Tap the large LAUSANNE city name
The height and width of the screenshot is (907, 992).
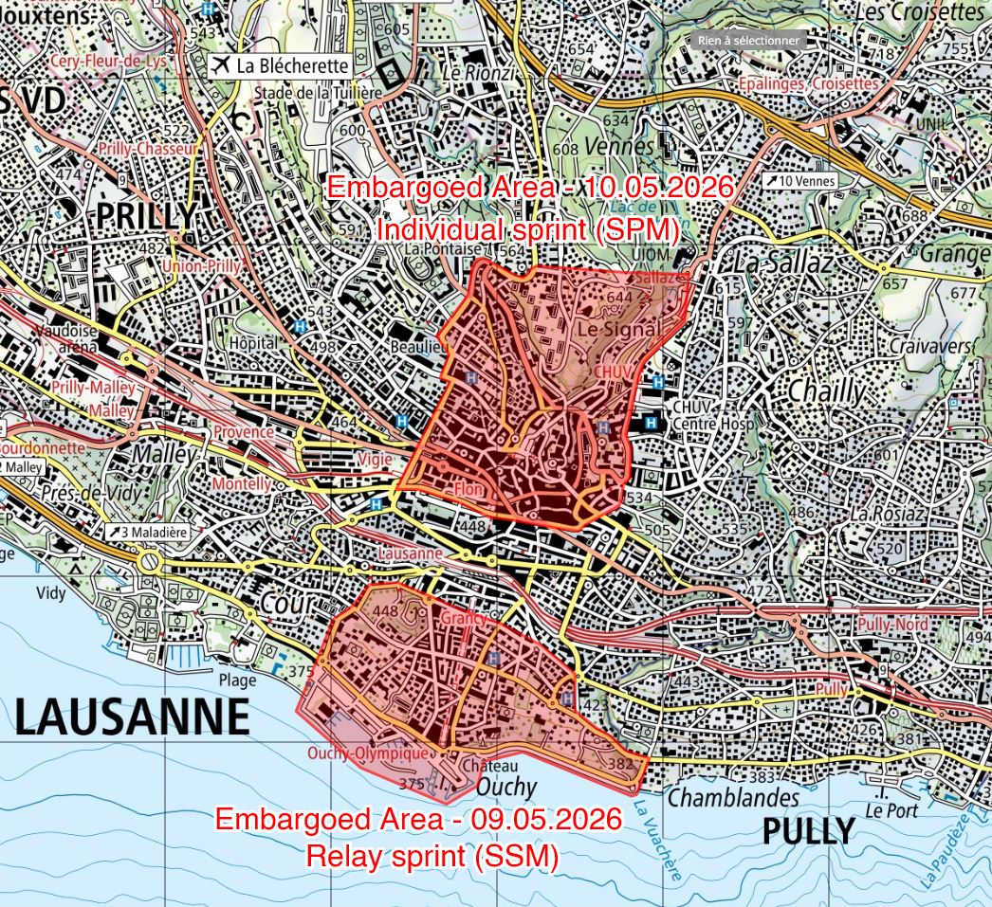tap(133, 717)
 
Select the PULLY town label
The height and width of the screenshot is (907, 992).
tap(808, 831)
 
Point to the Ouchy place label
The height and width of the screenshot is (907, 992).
tap(505, 787)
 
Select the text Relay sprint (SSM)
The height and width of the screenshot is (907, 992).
tap(432, 856)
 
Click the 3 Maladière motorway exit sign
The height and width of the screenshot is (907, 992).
tap(149, 532)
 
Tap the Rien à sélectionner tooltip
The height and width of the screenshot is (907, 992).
tap(749, 40)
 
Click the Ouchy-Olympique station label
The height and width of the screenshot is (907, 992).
tap(368, 753)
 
